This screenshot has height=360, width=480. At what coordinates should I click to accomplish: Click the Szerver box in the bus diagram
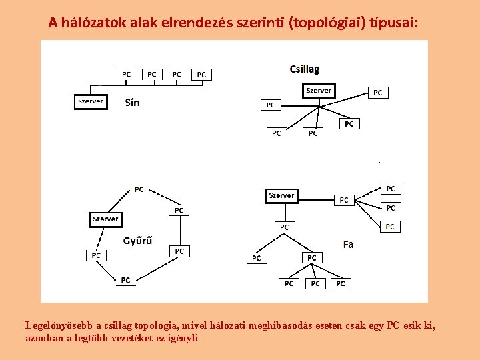[90, 101]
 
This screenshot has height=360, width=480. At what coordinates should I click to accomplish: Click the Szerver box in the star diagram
[319, 91]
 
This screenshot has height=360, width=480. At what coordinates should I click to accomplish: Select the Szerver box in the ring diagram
[105, 219]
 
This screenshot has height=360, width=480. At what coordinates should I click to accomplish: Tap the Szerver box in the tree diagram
[281, 195]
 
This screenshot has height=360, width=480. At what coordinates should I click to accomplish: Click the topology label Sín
[132, 103]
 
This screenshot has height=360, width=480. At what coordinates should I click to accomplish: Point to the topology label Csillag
[305, 69]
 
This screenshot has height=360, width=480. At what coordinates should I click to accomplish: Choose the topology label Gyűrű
[137, 241]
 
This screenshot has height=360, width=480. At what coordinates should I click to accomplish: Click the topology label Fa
[348, 245]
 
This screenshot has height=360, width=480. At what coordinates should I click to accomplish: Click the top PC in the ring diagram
[139, 189]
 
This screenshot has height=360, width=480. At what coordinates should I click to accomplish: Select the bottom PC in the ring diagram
[125, 281]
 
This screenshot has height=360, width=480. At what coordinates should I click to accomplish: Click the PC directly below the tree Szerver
[285, 227]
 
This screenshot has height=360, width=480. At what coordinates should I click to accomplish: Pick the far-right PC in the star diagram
[378, 93]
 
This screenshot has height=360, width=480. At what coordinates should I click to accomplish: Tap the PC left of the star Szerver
[270, 105]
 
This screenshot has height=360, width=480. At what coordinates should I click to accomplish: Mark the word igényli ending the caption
[184, 338]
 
